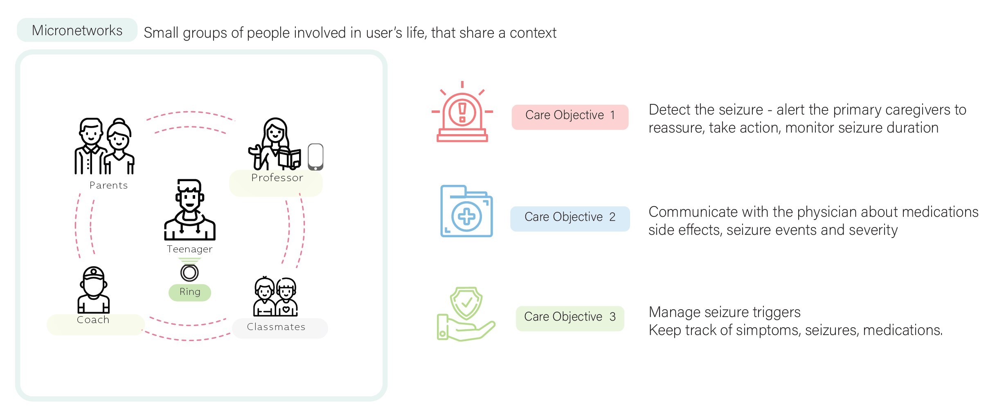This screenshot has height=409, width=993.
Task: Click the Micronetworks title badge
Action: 77,30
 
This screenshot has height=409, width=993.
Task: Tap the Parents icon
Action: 104,146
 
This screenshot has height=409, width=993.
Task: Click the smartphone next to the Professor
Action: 315,157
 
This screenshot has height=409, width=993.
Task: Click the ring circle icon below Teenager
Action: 189,272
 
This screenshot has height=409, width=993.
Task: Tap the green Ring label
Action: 190,292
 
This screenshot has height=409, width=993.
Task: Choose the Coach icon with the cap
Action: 93,290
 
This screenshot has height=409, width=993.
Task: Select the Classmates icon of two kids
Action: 275,297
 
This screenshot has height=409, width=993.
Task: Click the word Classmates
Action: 276,327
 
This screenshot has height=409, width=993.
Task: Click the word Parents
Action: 108,185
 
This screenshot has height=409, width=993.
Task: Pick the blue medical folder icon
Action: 466,211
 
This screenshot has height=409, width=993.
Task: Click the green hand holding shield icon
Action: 466,314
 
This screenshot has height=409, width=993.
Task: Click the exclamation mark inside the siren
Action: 462,112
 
